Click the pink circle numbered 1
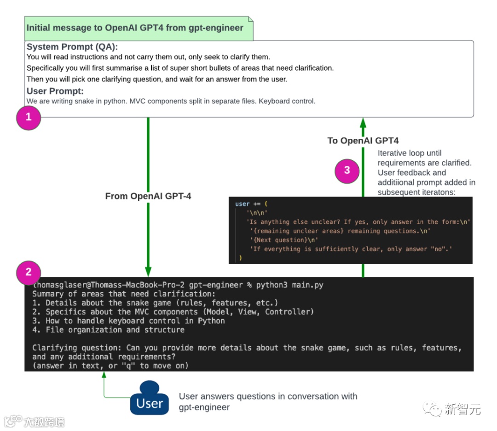[29, 117]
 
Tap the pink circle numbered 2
[29, 272]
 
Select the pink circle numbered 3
[347, 170]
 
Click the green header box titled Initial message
[139, 28]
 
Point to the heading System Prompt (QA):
[72, 47]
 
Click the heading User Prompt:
[55, 91]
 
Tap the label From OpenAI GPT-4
[148, 196]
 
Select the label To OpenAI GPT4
[363, 141]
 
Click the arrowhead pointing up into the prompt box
[363, 122]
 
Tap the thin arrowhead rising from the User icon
[104, 374]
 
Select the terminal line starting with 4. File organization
[109, 329]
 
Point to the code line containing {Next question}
[283, 240]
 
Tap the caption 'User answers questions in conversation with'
[268, 396]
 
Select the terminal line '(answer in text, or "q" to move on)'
[110, 365]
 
